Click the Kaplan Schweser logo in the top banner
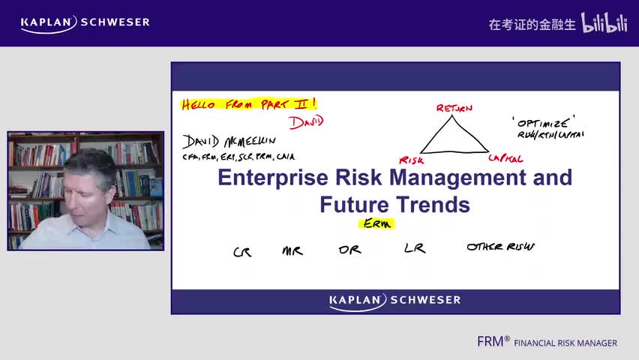point(85,22)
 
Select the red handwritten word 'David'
point(306,121)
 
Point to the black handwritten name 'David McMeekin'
point(229,141)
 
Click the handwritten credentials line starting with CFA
point(238,157)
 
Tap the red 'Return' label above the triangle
point(454,109)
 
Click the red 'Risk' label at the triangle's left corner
point(411,160)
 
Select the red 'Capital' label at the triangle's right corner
point(505,158)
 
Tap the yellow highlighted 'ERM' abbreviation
point(376,223)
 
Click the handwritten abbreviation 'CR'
point(242,252)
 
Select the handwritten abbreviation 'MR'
point(292,250)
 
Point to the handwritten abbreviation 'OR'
point(349,250)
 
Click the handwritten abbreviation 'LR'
point(415,248)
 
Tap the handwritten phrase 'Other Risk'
point(500,247)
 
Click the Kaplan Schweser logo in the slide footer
point(394,301)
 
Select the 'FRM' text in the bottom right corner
point(493,342)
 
